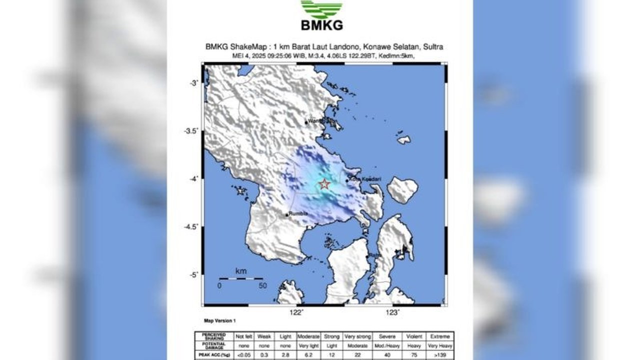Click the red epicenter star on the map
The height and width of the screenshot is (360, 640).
tap(324, 184)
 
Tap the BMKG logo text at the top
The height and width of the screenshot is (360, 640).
tap(321, 25)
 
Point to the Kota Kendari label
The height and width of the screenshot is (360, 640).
tap(361, 179)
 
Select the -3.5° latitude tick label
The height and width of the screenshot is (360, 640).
tap(191, 131)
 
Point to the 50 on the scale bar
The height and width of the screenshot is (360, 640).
tap(262, 286)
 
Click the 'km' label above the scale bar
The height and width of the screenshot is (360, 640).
tap(240, 271)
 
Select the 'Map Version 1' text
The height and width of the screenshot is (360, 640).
tap(219, 320)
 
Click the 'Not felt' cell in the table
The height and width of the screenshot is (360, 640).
tap(243, 336)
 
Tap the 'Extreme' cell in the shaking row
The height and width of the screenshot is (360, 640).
tap(441, 336)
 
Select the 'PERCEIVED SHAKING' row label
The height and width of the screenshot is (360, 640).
tap(213, 336)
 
